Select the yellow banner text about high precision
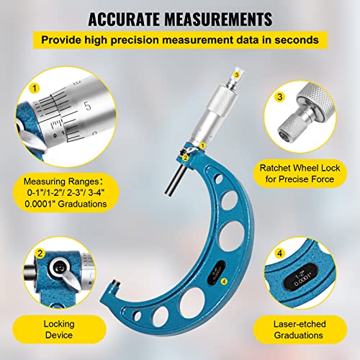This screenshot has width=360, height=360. pos(179,37)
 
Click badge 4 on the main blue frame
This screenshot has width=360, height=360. pos(225,282)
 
